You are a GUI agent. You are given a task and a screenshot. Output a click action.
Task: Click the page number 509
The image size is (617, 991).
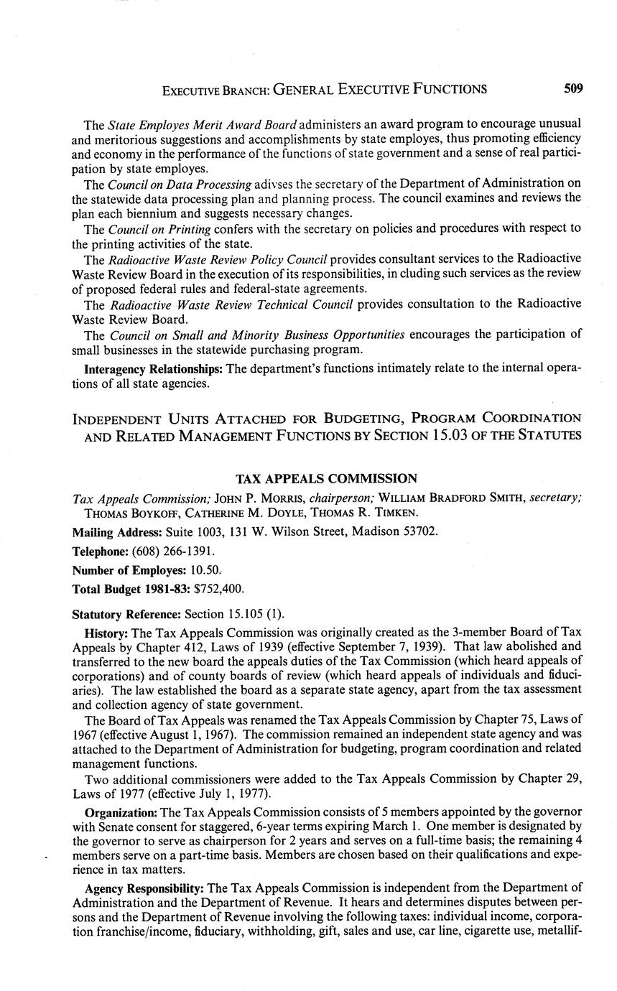click(573, 89)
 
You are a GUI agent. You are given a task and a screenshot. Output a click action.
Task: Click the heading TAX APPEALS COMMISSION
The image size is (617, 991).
click(326, 479)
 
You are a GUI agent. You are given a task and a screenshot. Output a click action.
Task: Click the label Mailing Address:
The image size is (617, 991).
click(118, 533)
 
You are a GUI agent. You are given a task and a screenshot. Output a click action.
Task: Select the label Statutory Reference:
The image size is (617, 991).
click(127, 615)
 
